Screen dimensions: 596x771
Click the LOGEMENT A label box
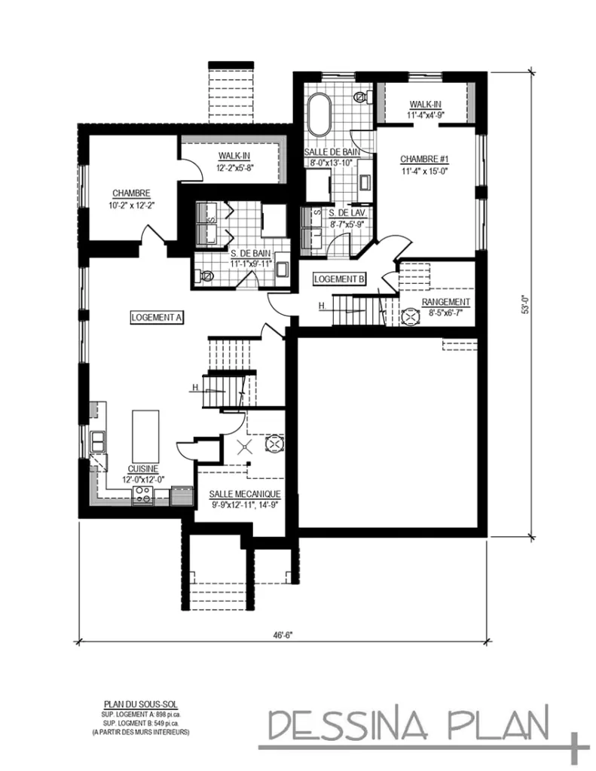click(x=157, y=318)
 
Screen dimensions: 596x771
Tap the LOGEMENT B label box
click(x=339, y=279)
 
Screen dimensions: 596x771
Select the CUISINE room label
click(x=142, y=469)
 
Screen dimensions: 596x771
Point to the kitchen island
click(x=145, y=436)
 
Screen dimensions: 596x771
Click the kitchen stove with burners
click(x=142, y=495)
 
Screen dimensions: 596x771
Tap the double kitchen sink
click(x=97, y=441)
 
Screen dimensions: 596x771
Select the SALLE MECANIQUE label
click(x=245, y=494)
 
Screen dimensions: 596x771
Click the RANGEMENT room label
click(x=446, y=302)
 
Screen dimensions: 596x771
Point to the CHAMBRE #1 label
click(x=425, y=160)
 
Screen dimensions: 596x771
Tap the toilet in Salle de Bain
click(x=364, y=96)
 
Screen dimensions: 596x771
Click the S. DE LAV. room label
click(x=347, y=212)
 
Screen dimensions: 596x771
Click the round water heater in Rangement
click(x=410, y=317)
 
